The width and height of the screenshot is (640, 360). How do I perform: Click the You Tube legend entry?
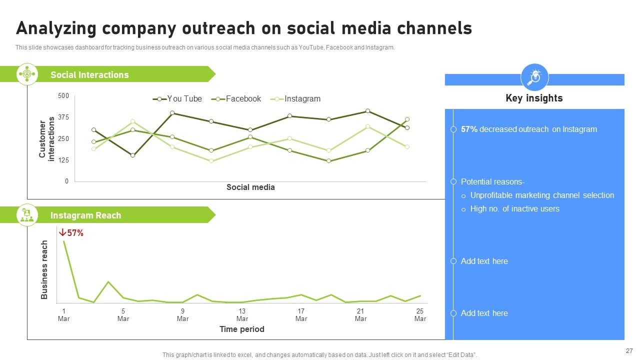coord(177,99)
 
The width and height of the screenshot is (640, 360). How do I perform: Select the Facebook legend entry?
coord(236,99)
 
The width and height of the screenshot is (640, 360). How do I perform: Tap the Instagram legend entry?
coord(295,99)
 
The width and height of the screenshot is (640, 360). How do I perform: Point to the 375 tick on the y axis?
coord(63,117)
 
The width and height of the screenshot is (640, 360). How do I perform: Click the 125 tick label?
coord(63,160)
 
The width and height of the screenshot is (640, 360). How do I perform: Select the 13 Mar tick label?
coord(242,315)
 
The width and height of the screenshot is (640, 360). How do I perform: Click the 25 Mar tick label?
coord(420,315)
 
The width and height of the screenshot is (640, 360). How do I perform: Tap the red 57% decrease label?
coord(71,233)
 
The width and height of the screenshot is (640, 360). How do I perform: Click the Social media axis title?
coord(250,187)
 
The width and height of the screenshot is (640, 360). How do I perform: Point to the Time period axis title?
coord(241,329)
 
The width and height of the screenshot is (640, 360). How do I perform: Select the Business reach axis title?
coord(44,269)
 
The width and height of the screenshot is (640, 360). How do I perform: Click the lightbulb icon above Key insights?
coord(534,77)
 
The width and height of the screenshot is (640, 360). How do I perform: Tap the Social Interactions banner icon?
coord(27,74)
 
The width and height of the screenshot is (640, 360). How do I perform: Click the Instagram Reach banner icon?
coord(27,215)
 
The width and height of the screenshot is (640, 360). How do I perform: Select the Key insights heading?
coord(534,98)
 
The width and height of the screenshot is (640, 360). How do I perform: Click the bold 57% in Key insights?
coord(469,129)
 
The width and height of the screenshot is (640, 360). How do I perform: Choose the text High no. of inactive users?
coord(515,209)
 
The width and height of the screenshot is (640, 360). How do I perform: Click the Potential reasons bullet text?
coord(492,181)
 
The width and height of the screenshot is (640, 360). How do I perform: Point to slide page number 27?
coord(629,351)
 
